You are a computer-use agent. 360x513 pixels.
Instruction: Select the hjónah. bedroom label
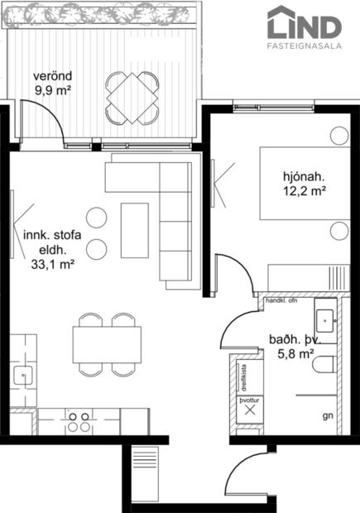(303, 176)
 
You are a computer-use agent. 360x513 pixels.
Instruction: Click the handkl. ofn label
(280, 300)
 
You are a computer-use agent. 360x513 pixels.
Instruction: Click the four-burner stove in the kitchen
(79, 421)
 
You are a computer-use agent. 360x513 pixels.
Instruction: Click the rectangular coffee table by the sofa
(135, 229)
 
